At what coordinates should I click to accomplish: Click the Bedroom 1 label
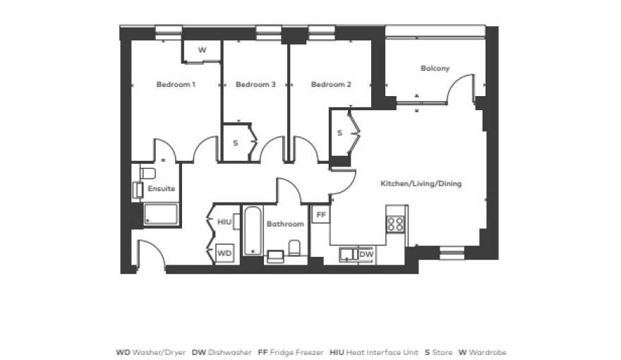(x=176, y=85)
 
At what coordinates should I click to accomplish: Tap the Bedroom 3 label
(x=255, y=85)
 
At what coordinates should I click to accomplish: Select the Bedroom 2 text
(x=331, y=85)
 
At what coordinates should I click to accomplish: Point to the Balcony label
(x=435, y=68)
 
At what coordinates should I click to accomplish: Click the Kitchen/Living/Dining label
(x=421, y=184)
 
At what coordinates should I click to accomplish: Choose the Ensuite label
(x=161, y=188)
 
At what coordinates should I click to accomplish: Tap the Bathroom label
(x=285, y=224)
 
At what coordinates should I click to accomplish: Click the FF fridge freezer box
(x=321, y=215)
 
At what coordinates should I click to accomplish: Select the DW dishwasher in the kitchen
(x=366, y=254)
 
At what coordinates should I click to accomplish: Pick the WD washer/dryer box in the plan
(x=224, y=253)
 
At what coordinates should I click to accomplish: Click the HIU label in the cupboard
(x=224, y=222)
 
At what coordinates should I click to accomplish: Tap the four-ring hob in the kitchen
(x=396, y=224)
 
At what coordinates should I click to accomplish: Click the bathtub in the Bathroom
(x=253, y=231)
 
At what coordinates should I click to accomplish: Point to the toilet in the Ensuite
(x=147, y=173)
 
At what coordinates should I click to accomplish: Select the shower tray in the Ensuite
(x=161, y=215)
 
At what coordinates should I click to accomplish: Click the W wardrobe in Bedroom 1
(x=202, y=51)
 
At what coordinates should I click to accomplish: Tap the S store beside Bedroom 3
(x=236, y=143)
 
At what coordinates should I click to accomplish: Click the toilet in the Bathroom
(x=294, y=248)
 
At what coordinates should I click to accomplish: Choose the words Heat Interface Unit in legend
(x=382, y=352)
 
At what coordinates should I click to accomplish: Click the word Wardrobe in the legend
(x=488, y=352)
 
